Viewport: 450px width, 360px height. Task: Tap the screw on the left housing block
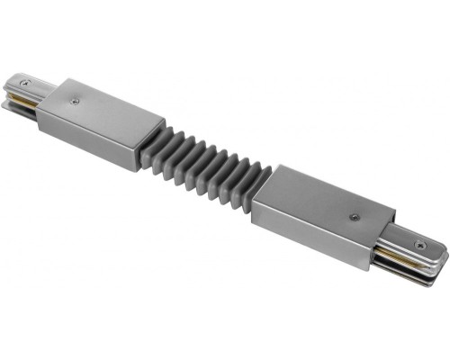point(74,101)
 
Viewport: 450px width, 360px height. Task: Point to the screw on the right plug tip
point(420,244)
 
